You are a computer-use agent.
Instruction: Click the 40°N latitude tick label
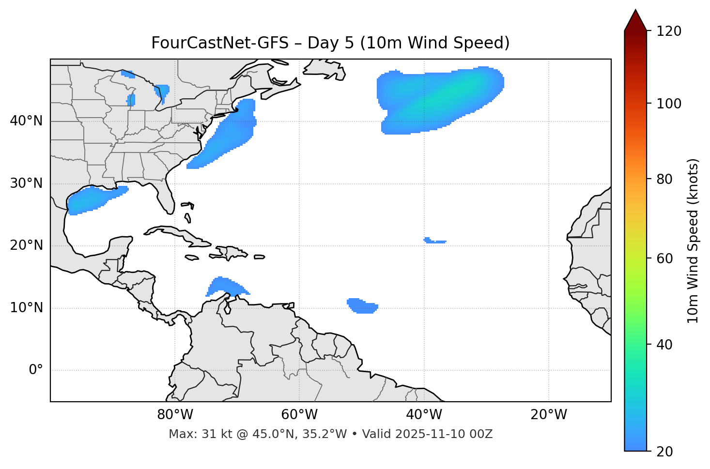tap(26, 121)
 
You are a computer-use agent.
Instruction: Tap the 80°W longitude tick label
tap(175, 415)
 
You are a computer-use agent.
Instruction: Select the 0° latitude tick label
tap(36, 370)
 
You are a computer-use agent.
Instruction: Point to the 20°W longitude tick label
tap(549, 415)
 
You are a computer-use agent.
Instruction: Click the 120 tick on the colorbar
tap(668, 31)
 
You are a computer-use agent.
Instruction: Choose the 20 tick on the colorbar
tap(664, 452)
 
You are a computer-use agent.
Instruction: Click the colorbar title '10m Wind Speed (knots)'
tap(693, 241)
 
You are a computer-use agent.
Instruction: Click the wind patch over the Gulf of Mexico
tap(92, 199)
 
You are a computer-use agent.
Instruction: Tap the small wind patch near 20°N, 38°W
tap(434, 241)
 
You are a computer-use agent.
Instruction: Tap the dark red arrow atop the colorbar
tap(635, 21)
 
